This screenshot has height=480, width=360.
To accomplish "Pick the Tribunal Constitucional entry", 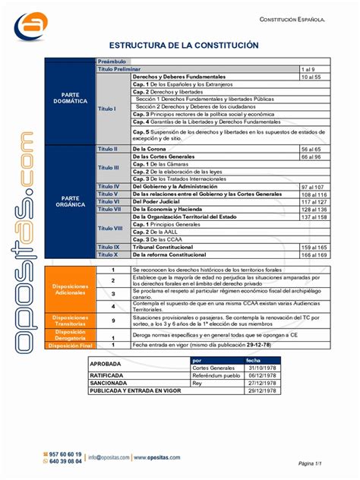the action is [x=163, y=248].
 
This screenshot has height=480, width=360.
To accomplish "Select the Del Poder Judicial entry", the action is [x=157, y=201].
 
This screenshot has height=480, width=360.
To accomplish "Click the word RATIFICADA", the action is [x=107, y=376].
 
